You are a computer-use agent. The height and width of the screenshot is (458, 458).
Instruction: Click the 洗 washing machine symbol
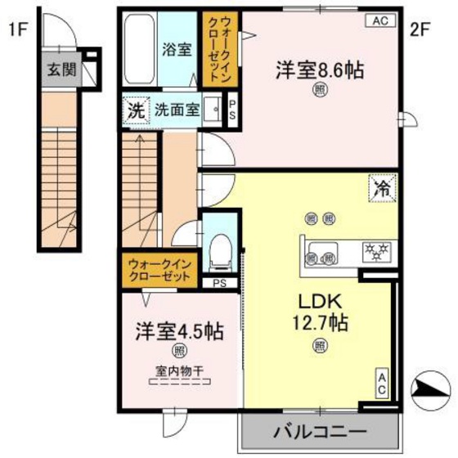click(134, 110)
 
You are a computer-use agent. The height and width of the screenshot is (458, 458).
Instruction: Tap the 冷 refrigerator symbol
click(382, 188)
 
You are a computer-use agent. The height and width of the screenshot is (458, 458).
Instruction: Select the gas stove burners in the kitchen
click(379, 247)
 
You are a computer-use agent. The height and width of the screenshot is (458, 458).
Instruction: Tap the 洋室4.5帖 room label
click(179, 332)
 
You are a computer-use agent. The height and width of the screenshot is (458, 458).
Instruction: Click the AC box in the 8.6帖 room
click(380, 22)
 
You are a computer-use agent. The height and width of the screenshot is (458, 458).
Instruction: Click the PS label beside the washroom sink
click(233, 110)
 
